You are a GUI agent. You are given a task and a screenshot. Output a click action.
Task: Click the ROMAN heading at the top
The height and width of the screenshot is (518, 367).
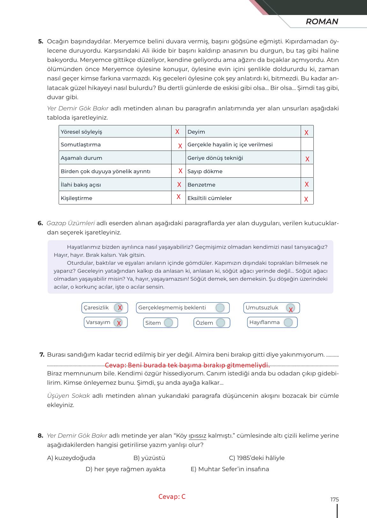click(322, 22)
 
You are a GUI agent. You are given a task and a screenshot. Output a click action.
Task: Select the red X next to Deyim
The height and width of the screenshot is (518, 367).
click(306, 132)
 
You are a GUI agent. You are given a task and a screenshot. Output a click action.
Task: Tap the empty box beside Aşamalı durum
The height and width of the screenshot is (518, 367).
click(179, 158)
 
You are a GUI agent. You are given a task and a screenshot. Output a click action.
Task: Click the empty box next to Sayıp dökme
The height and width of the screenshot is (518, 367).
click(307, 171)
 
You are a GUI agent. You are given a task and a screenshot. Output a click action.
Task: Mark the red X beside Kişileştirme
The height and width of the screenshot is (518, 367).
click(179, 197)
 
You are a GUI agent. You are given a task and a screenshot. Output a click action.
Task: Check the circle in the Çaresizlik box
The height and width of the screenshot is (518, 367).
click(119, 308)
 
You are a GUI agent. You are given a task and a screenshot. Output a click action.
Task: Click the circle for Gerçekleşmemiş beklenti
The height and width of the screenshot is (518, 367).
click(220, 308)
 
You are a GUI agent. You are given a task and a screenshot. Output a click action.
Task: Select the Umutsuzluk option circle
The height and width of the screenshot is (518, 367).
click(290, 308)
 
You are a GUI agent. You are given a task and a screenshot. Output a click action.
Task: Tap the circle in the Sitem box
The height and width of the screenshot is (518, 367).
click(168, 323)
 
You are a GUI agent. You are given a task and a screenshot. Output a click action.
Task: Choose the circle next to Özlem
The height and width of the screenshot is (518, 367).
click(221, 323)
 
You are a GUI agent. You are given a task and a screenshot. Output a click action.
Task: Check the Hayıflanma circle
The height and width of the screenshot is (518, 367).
click(288, 322)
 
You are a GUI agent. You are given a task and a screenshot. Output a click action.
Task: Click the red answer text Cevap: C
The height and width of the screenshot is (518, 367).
click(172, 497)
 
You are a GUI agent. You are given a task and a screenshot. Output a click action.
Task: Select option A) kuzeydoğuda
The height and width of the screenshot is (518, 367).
click(71, 458)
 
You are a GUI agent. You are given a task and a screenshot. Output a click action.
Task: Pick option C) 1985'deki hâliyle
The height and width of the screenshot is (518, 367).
click(257, 458)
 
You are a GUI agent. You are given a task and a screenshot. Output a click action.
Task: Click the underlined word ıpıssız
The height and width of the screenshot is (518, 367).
click(198, 436)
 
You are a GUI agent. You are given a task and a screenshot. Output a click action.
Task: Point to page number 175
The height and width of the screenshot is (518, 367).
click(334, 500)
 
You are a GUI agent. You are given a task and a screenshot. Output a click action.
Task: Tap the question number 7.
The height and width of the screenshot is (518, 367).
click(42, 355)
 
